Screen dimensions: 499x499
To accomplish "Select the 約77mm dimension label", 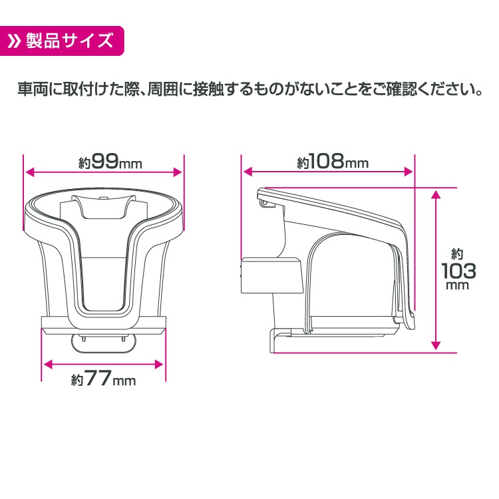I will click(103, 380).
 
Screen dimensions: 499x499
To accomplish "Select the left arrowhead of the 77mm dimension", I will click(47, 364).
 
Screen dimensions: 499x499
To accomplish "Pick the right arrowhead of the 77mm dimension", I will click(159, 364).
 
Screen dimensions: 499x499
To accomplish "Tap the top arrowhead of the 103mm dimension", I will click(436, 194).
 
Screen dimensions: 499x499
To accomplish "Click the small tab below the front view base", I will click(103, 343).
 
